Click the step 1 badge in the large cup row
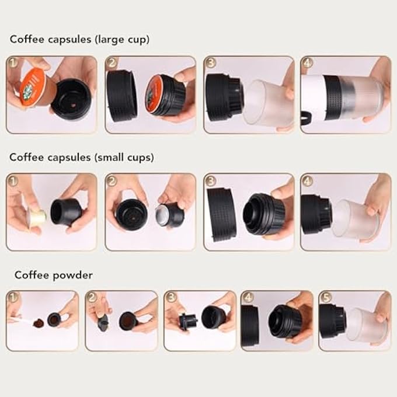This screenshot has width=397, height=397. click(x=12, y=61)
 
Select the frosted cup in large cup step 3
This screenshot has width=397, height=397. click(x=265, y=103)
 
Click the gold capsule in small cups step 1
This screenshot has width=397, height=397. click(x=36, y=218)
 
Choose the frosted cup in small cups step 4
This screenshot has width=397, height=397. click(x=355, y=220)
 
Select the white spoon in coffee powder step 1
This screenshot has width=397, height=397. click(x=23, y=321)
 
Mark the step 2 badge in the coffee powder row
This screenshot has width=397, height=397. click(x=92, y=297)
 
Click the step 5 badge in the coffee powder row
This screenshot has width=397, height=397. click(x=325, y=297)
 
